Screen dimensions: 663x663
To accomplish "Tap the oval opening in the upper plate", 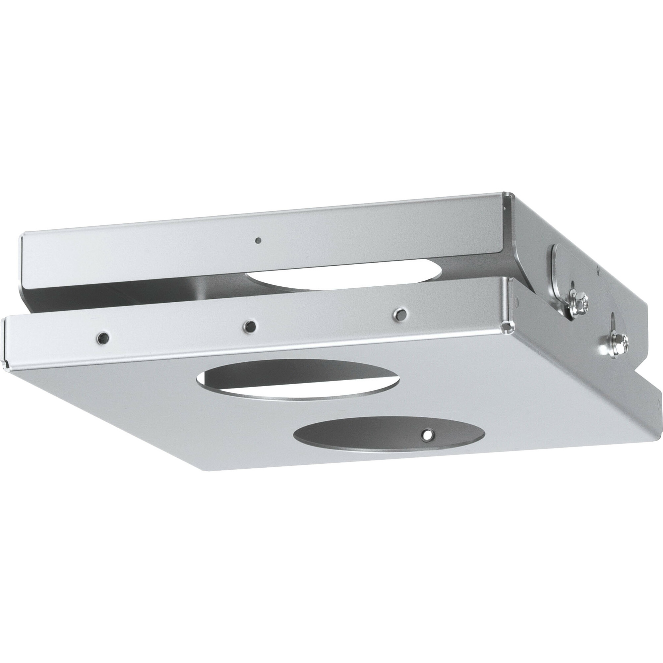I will click(x=343, y=274).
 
